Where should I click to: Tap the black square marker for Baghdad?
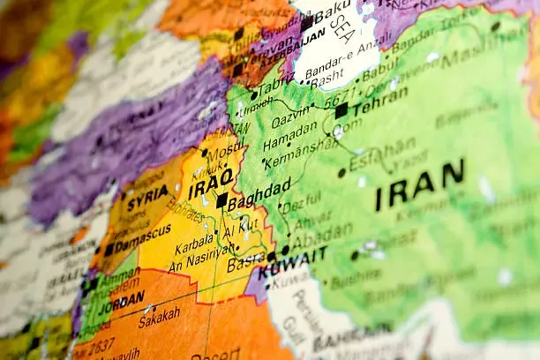click(x=221, y=200)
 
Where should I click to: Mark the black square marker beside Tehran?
click(x=341, y=111)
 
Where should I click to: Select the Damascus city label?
click(x=143, y=238)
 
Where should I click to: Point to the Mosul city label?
click(x=227, y=151)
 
